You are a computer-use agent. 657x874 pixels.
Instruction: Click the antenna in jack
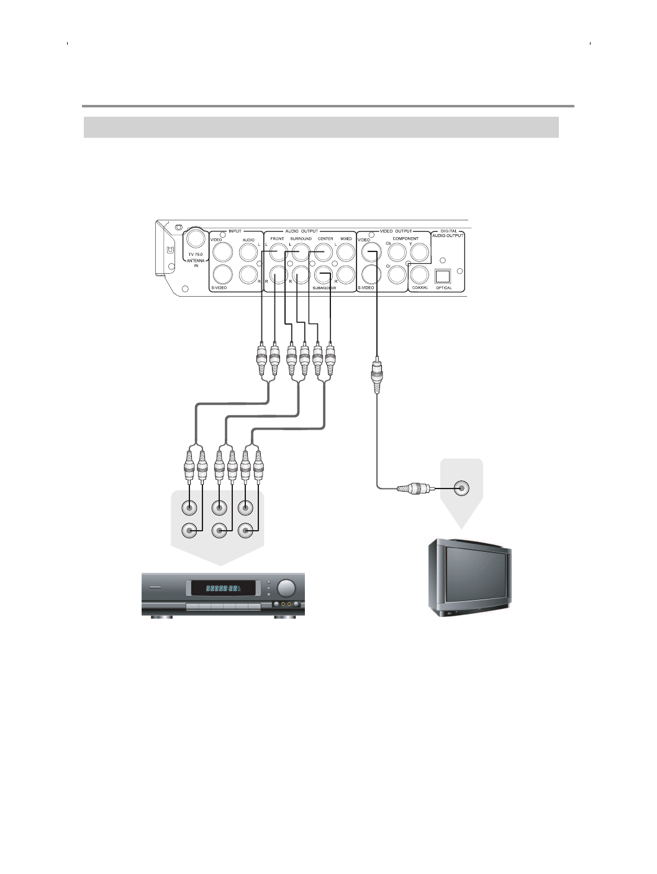point(196,239)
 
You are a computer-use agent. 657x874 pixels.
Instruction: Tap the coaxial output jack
point(420,274)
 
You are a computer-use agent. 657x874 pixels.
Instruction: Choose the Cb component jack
point(397,252)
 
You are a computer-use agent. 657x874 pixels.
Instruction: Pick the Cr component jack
point(397,274)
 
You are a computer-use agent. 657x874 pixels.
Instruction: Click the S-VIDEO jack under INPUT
point(222,274)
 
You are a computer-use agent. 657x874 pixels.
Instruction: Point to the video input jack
point(222,251)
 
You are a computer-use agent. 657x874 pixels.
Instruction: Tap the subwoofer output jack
point(324,274)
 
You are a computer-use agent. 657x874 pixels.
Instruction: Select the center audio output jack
point(324,251)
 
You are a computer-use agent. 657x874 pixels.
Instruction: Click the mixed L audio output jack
point(346,251)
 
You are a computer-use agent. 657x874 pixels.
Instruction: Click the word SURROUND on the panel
point(301,238)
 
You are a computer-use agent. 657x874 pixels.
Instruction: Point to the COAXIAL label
point(420,287)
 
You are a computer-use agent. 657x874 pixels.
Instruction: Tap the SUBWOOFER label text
point(324,288)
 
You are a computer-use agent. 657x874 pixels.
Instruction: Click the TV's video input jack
point(461,488)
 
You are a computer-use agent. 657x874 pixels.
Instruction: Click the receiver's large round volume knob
point(286,588)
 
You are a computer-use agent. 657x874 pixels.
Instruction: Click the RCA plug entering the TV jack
point(412,489)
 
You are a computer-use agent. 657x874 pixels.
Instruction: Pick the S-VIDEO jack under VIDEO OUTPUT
point(371,274)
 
